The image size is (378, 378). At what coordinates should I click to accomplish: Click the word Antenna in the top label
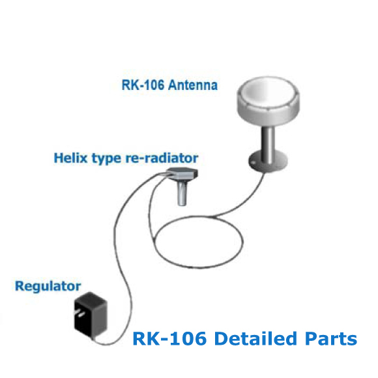point(193,85)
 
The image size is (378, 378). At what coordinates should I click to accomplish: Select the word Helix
point(70,158)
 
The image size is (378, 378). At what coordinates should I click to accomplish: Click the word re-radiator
point(162,158)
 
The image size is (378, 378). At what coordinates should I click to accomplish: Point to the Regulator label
point(48,286)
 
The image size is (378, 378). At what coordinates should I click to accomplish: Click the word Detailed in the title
point(255,338)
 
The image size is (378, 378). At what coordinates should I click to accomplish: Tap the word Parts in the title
point(331,338)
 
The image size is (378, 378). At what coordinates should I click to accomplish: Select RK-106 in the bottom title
point(169,338)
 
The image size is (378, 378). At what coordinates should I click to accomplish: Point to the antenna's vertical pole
point(268,145)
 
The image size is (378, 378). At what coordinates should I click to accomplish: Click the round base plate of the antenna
point(268,161)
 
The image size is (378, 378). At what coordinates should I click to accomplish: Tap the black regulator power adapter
point(91,315)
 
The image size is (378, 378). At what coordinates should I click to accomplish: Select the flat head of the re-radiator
point(182,173)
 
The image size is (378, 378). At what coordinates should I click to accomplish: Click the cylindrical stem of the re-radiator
point(182,193)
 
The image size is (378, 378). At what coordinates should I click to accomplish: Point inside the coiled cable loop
point(198,242)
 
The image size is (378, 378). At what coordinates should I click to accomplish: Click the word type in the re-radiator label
point(106,158)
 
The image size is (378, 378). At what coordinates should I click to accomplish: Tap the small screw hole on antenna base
point(253,163)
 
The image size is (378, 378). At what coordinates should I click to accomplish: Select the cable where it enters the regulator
point(94,340)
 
